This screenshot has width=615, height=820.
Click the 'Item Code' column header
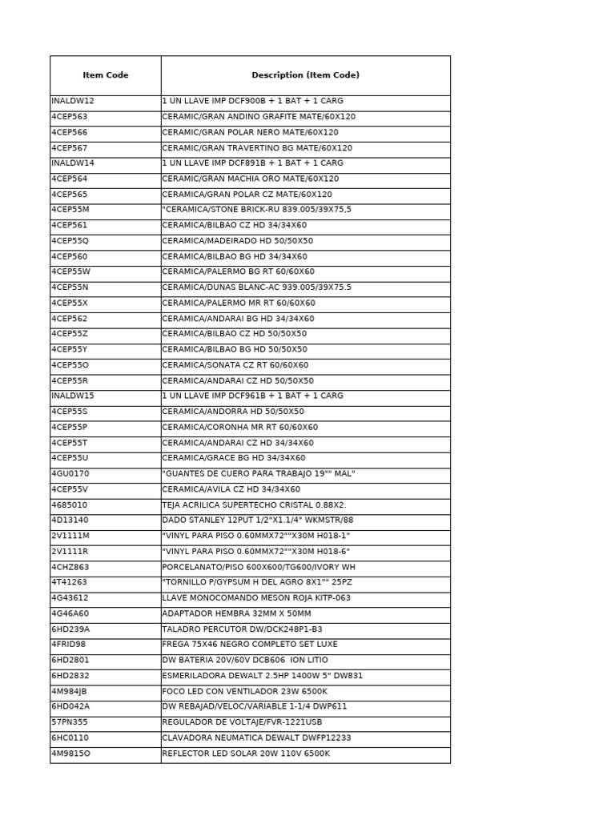[x=105, y=75]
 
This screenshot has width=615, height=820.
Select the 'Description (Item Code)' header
[x=305, y=75]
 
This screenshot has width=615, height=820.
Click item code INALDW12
[x=73, y=102]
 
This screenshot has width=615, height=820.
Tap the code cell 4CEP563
[x=70, y=117]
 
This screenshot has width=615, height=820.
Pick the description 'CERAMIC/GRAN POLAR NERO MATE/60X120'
[x=250, y=133]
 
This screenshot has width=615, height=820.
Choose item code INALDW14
[x=73, y=163]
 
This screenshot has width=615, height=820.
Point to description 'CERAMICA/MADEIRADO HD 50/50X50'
[x=237, y=241]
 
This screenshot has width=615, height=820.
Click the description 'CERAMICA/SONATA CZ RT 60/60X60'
[x=235, y=365]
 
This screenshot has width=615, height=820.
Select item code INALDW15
[x=73, y=396]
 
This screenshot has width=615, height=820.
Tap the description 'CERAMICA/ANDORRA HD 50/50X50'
[x=233, y=412]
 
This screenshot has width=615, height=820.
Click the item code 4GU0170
[x=70, y=474]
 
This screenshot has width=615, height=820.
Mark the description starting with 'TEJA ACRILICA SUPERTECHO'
[x=254, y=505]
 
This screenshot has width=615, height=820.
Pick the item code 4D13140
[x=70, y=521]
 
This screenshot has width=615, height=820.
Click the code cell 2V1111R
[x=70, y=552]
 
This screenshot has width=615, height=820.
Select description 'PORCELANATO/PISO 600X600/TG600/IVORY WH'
[x=259, y=567]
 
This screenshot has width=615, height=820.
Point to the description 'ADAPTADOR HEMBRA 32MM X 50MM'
[x=236, y=613]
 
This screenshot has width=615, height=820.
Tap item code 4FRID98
[x=69, y=645]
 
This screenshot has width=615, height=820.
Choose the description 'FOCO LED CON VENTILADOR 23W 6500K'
[x=244, y=691]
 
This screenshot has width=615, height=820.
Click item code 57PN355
[x=70, y=722]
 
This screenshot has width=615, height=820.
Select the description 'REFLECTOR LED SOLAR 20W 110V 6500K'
[x=246, y=754]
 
